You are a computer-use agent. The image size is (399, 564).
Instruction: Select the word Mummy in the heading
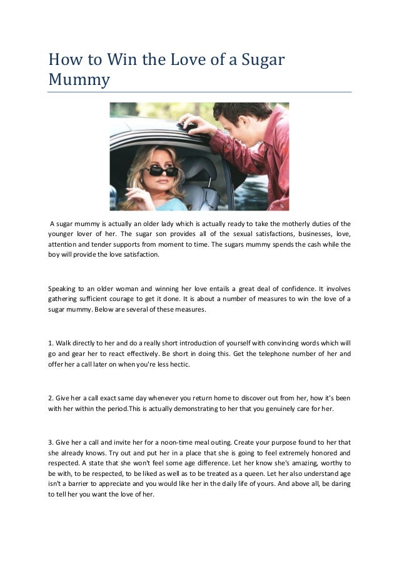pyautogui.click(x=79, y=81)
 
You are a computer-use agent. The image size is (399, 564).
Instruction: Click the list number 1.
pyautogui.click(x=50, y=342)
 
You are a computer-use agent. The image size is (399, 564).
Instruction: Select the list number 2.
pyautogui.click(x=50, y=397)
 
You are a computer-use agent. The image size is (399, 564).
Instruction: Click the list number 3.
pyautogui.click(x=50, y=442)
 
